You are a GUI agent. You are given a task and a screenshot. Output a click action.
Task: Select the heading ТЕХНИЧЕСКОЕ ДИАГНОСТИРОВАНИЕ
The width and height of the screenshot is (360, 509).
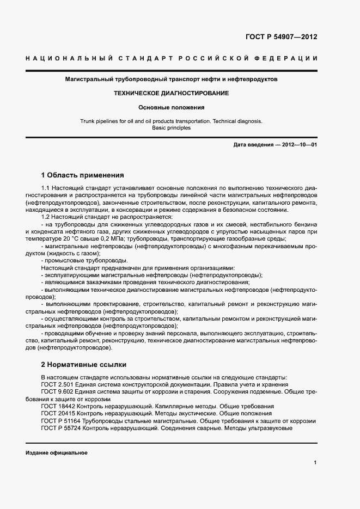click(x=171, y=93)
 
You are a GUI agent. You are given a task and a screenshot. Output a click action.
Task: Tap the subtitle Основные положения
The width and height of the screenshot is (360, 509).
click(x=171, y=107)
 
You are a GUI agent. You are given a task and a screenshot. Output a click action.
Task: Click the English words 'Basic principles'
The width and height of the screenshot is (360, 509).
click(x=171, y=128)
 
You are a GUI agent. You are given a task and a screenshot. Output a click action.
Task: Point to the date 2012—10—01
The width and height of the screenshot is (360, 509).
click(x=298, y=145)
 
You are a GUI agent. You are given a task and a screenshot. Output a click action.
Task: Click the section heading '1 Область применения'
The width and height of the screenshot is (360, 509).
click(x=82, y=175)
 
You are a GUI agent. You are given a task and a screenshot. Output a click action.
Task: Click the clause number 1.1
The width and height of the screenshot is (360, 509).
click(x=46, y=188)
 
